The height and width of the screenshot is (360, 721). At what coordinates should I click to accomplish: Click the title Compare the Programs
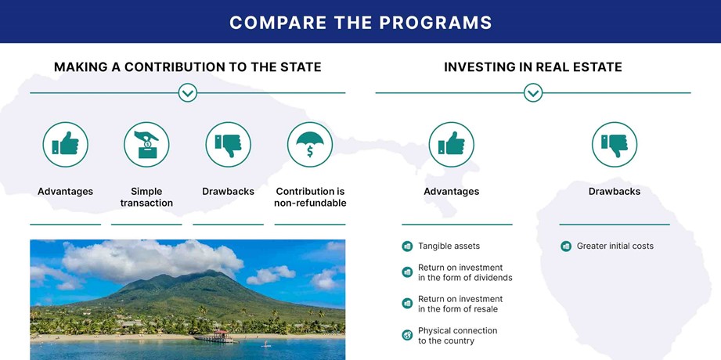click(360, 22)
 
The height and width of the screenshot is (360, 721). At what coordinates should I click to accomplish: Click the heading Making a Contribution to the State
click(188, 67)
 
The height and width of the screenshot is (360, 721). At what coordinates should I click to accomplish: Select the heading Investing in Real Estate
click(533, 67)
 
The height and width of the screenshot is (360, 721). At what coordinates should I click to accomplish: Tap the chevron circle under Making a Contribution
click(188, 93)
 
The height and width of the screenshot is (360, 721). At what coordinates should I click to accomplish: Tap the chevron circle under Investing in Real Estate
click(533, 93)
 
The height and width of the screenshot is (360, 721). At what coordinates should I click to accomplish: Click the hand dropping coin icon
click(146, 144)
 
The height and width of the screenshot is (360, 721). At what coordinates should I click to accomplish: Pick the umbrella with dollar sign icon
click(310, 144)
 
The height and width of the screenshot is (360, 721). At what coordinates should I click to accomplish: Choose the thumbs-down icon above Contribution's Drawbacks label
click(228, 144)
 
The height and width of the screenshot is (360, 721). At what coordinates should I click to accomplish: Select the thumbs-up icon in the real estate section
click(451, 144)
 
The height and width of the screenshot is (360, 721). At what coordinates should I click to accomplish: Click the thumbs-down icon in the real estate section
click(615, 144)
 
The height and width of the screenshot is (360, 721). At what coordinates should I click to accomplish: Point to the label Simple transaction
click(146, 197)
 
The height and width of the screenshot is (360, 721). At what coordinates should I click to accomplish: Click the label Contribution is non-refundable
click(310, 197)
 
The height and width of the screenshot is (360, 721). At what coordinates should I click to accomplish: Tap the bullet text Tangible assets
click(449, 246)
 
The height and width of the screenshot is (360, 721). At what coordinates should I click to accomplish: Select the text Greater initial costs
click(615, 246)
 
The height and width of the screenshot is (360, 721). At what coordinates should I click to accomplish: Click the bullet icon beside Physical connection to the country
click(407, 335)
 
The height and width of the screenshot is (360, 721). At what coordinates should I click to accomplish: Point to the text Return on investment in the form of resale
click(460, 304)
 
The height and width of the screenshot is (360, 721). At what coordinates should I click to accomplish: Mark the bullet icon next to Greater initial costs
click(565, 246)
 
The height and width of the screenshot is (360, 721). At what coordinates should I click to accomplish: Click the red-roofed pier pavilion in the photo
click(221, 334)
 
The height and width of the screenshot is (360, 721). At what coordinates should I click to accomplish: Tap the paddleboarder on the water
click(264, 344)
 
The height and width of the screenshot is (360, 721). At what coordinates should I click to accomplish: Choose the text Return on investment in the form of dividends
click(465, 272)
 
